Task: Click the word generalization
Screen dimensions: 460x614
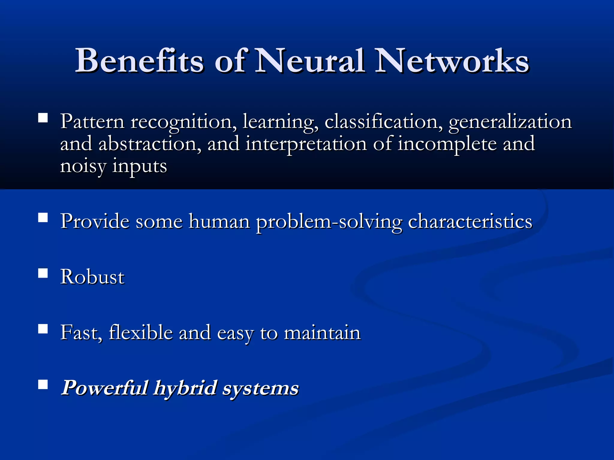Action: pos(510,122)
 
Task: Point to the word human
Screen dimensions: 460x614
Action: pos(219,222)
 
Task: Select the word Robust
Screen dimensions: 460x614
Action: pos(92,277)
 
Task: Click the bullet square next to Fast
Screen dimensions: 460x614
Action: pos(43,329)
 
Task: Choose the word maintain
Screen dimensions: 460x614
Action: pos(322,332)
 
